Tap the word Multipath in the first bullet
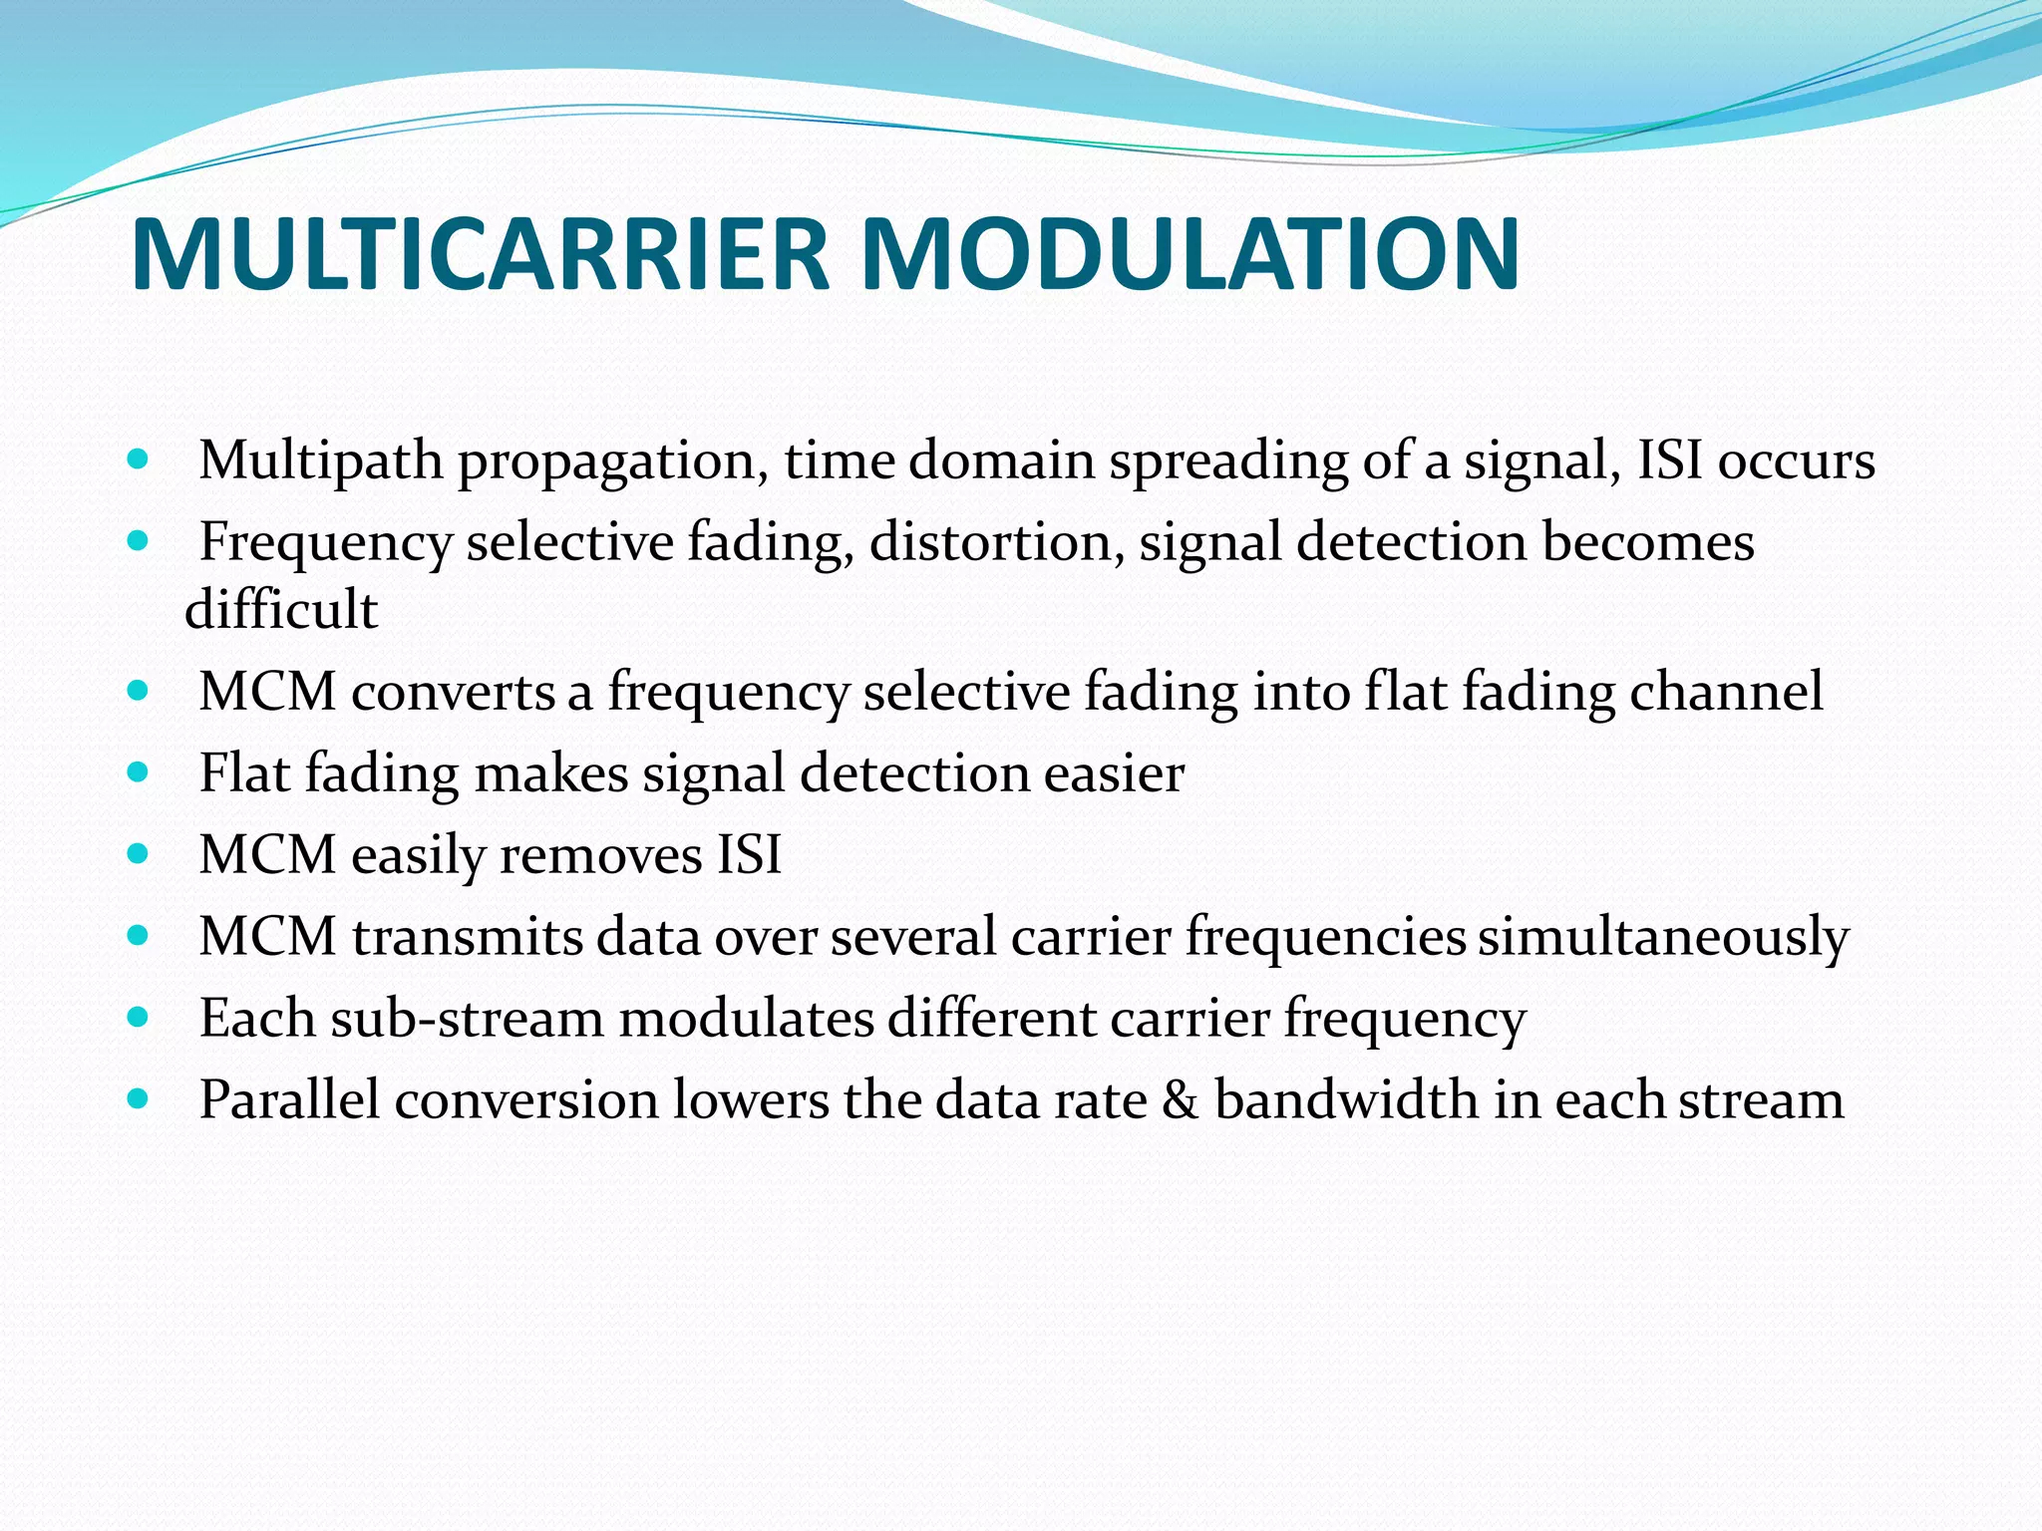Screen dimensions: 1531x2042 pos(320,461)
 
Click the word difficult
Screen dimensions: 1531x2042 pos(281,610)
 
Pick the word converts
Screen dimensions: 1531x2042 pos(453,692)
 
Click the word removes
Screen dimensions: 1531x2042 pos(600,855)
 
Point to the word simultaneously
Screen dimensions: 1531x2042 pos(1662,938)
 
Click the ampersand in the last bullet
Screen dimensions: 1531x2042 pos(1181,1100)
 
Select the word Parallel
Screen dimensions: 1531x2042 pos(289,1100)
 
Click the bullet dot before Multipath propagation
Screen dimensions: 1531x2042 pos(139,460)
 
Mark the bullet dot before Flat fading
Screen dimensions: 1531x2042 pos(139,772)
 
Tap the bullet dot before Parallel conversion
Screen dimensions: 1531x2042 pos(139,1099)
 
